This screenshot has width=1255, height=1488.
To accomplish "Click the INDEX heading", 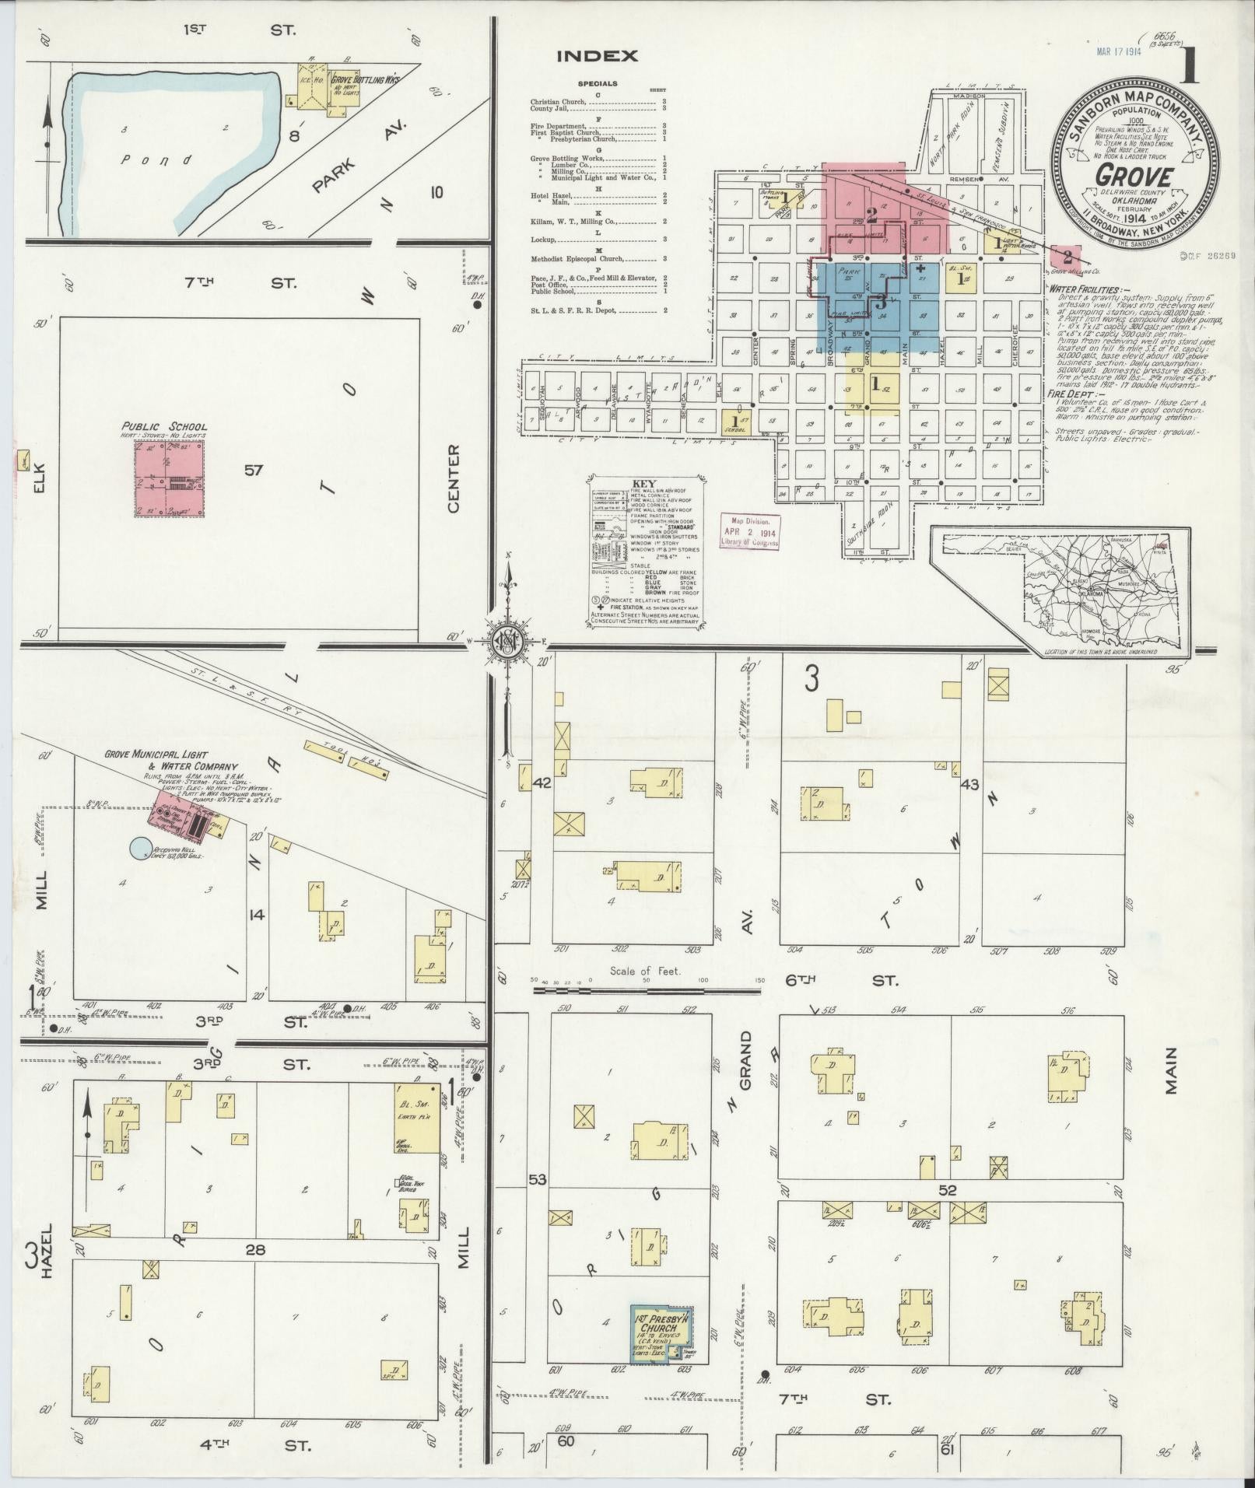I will [x=597, y=56].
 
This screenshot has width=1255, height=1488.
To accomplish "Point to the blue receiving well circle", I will [x=140, y=848].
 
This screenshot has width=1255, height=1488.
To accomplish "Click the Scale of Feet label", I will [x=645, y=971].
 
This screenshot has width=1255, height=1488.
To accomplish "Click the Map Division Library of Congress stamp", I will [x=749, y=532].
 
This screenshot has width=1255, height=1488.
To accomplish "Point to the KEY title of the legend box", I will [x=644, y=482].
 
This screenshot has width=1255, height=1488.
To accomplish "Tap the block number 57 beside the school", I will [x=254, y=470].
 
